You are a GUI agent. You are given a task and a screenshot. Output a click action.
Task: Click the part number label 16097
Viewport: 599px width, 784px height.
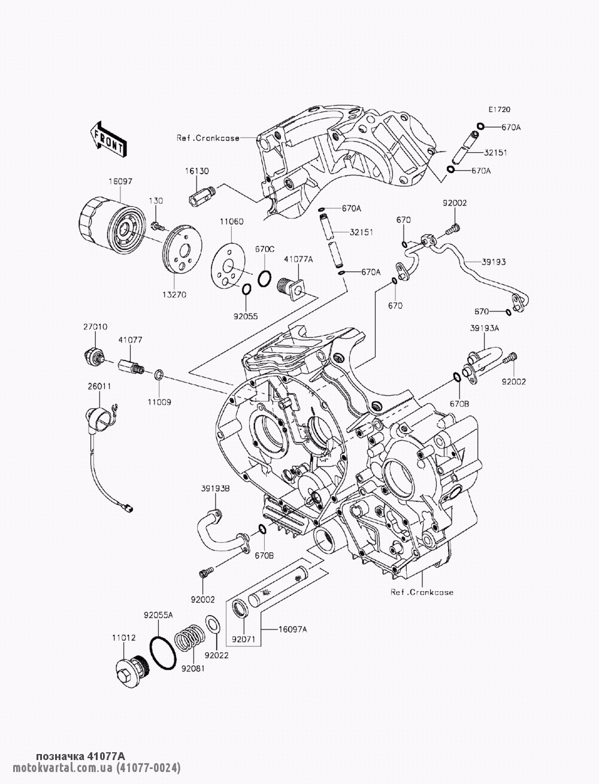[120, 181]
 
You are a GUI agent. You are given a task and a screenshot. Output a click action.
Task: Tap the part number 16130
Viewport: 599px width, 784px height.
[197, 171]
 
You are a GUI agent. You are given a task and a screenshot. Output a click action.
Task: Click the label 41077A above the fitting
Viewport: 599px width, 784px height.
[298, 259]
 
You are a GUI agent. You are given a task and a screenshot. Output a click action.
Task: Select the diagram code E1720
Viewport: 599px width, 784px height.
[500, 110]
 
